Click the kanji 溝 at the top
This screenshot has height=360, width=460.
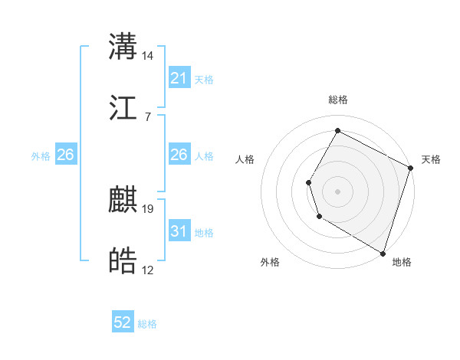123,47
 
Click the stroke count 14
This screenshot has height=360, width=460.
148,56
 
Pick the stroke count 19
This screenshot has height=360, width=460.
148,208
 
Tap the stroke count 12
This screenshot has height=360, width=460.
148,270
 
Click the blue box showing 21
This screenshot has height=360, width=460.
179,78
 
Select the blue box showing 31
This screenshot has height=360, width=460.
179,231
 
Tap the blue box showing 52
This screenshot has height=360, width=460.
123,323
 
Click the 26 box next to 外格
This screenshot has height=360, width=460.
65,155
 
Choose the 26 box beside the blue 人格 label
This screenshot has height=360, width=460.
179,155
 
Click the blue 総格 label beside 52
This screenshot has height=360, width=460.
147,324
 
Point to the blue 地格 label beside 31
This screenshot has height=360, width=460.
204,233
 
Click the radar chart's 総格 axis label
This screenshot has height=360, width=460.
337,100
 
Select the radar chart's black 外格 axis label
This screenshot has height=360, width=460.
270,263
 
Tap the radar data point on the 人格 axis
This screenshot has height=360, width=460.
308,182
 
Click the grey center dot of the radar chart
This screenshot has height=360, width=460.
337,191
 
